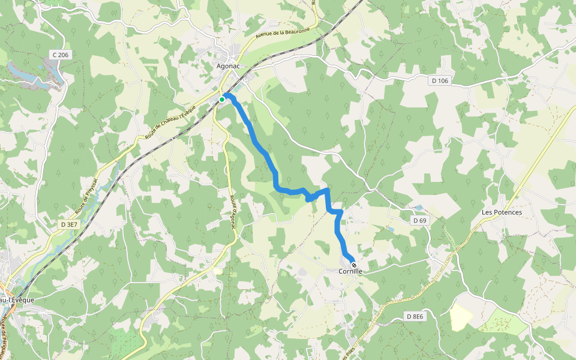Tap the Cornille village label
[350, 271]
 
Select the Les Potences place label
[502, 212]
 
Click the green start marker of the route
[222, 99]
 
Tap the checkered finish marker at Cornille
[354, 265]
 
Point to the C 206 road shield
[60, 55]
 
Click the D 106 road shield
[439, 80]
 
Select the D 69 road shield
[419, 221]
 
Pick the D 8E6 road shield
[415, 316]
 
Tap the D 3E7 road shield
[69, 224]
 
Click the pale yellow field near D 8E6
[461, 317]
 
